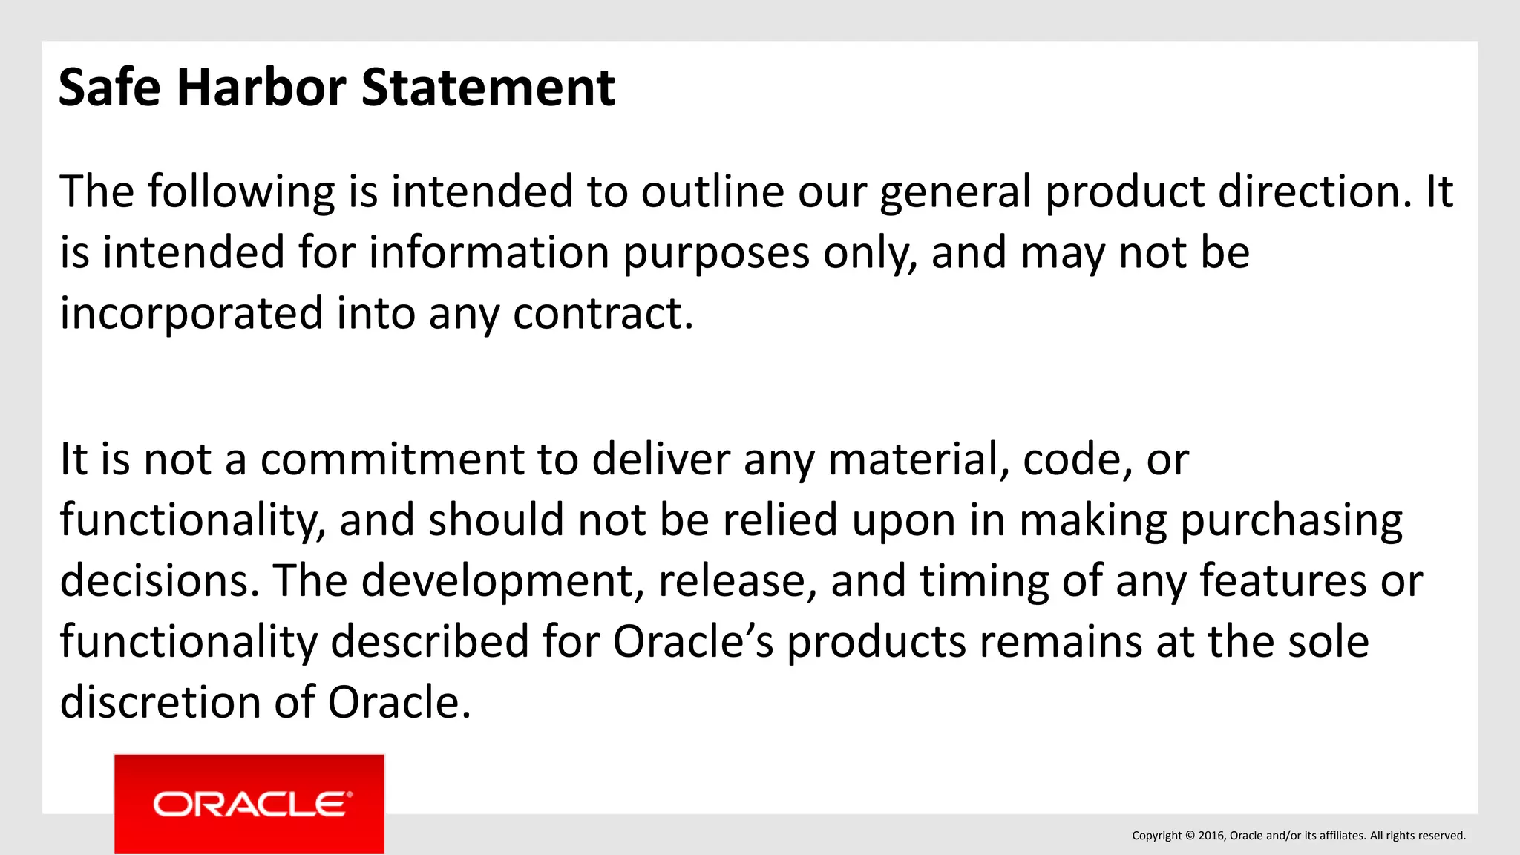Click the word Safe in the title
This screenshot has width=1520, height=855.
point(109,88)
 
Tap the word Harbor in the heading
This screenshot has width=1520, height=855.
point(261,88)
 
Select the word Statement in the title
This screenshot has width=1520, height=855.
point(488,88)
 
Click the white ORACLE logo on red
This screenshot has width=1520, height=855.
point(249,805)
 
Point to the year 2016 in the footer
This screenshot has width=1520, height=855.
point(1211,836)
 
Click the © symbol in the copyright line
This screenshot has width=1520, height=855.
point(1190,836)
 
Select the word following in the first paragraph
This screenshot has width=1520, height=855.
point(241,193)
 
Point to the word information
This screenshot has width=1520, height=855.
point(489,252)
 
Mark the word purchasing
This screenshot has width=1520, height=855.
point(1291,521)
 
